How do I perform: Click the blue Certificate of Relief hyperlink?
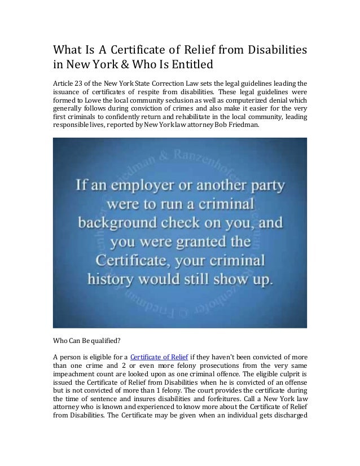pyautogui.click(x=153, y=355)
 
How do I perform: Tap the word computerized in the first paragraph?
pyautogui.click(x=251, y=103)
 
